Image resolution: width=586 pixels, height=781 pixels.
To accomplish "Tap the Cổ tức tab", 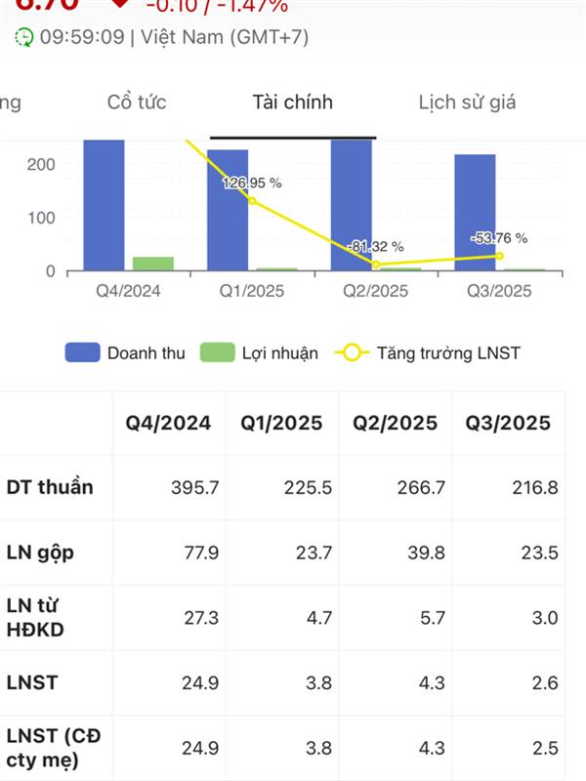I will click(137, 103).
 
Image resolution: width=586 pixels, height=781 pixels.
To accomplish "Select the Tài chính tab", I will click(292, 103).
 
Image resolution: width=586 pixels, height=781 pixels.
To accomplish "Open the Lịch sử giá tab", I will click(467, 103).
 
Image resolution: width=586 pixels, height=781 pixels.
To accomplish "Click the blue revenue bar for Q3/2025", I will click(475, 212).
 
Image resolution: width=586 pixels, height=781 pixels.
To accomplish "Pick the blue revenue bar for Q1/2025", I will click(228, 209).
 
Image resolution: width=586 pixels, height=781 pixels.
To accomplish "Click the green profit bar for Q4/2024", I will click(153, 264).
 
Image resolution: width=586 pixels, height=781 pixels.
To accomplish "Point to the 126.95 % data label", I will click(252, 183).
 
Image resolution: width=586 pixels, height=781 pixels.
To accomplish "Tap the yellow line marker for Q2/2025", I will click(376, 264).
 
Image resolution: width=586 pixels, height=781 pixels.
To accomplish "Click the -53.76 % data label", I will click(498, 238).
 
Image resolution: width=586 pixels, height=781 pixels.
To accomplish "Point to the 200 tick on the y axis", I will click(41, 164).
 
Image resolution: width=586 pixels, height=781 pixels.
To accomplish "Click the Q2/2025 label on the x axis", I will click(376, 291).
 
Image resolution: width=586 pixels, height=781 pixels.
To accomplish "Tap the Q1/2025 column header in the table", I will click(283, 423).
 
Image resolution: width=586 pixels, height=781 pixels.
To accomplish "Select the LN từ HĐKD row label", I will click(36, 618).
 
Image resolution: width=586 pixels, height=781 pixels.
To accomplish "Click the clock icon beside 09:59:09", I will click(24, 37).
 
